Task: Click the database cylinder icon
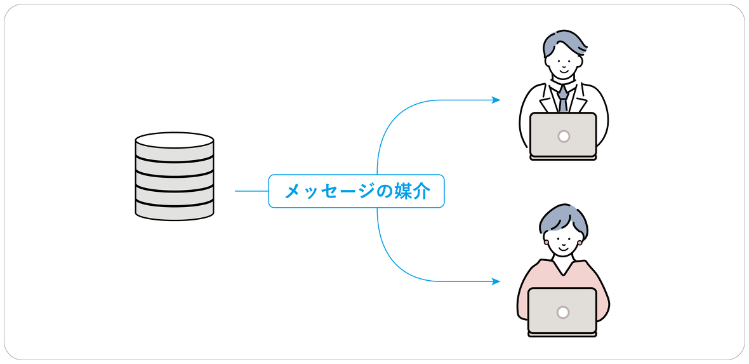174,176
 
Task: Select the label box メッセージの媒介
356,191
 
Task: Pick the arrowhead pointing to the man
496,100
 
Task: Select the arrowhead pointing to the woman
496,281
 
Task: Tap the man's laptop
563,135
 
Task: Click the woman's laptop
562,311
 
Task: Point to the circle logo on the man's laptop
563,136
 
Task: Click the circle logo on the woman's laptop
562,312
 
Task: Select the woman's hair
562,217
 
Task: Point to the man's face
563,62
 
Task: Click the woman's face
563,241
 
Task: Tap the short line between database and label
251,191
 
